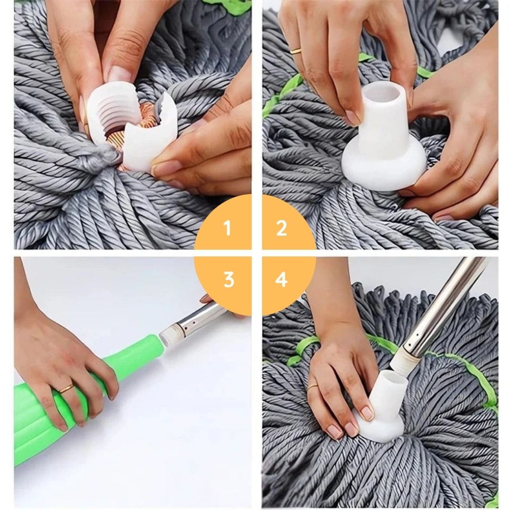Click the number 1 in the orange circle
[x=227, y=229]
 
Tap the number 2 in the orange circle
[x=282, y=229]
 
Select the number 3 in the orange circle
[x=229, y=280]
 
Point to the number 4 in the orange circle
[x=281, y=280]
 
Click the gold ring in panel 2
[x=296, y=51]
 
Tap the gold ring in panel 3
[x=66, y=389]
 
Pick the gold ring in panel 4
[x=312, y=387]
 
